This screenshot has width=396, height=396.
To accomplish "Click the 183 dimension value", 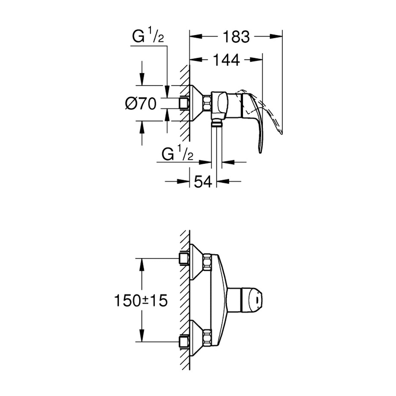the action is click(x=236, y=37).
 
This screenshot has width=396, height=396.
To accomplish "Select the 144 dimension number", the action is click(x=226, y=60).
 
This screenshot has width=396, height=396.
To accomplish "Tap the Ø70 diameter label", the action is click(x=141, y=103).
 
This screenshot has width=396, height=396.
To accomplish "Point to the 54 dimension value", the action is click(x=203, y=181).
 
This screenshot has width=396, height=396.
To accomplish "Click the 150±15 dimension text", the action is click(x=141, y=300).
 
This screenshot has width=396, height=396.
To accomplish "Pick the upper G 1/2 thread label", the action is click(x=148, y=36).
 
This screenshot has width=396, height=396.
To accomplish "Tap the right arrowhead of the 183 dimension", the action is click(x=276, y=36).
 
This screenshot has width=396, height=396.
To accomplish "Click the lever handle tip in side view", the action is click(x=260, y=152).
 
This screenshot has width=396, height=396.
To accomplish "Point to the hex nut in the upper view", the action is click(x=207, y=103).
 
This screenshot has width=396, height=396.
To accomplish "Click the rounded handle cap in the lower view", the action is click(x=252, y=300).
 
